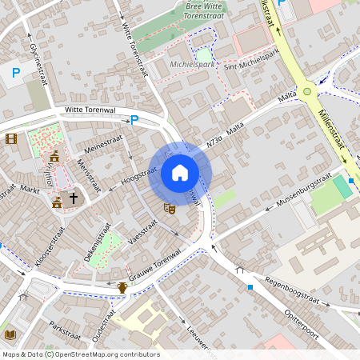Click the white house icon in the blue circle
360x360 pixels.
180,173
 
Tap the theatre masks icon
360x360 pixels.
169,208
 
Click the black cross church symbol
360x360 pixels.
74,197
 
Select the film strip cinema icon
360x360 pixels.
10,138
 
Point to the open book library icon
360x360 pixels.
10,334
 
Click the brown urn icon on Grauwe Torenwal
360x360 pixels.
122,286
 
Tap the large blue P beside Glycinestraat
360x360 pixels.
15,74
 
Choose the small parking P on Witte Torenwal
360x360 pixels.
134,120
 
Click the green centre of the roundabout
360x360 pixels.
307,92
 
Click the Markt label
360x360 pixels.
30,190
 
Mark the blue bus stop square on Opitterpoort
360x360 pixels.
250,286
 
